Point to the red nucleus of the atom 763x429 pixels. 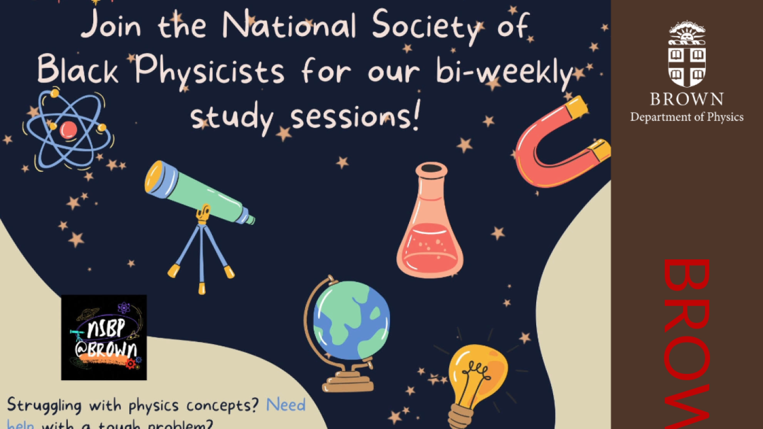[68, 130]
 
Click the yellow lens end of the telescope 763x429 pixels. [154, 177]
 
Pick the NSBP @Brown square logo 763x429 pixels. [104, 337]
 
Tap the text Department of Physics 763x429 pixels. [687, 117]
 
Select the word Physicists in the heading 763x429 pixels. [210, 72]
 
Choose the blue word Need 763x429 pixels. [286, 405]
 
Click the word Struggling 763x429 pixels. [45, 406]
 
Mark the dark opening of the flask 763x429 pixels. [430, 168]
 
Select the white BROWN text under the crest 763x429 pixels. [687, 99]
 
